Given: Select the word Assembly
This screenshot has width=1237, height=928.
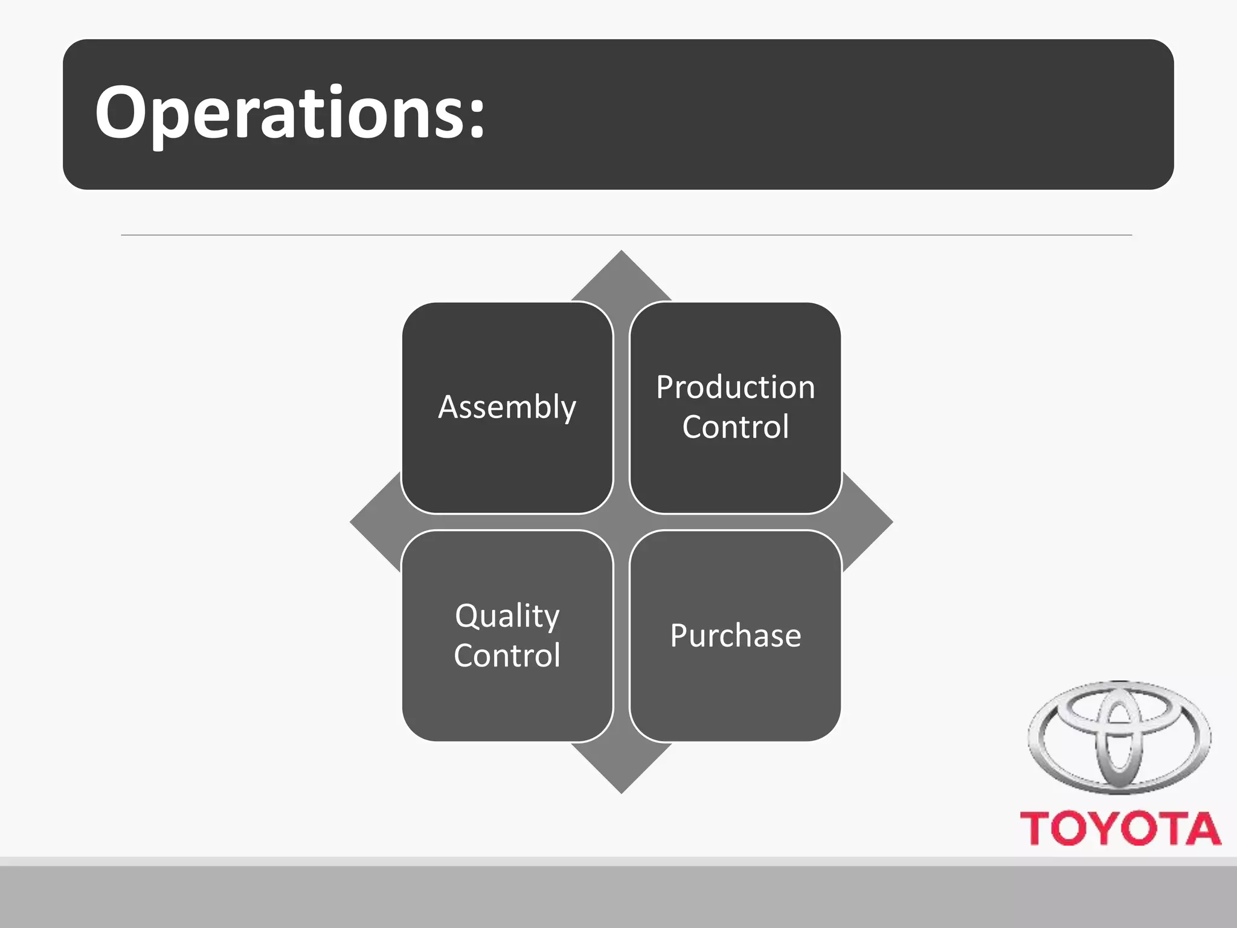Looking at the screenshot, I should point(507,407).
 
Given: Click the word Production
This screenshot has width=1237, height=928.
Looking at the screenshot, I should point(735,387).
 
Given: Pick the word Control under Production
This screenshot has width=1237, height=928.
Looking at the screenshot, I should point(735,427).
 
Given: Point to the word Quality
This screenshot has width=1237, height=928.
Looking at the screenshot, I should point(507,616).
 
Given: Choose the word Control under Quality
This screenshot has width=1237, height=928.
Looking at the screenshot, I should point(507,656).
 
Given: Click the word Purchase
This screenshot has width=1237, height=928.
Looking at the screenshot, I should point(735,636).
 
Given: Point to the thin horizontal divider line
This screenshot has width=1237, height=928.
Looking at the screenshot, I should point(626,235).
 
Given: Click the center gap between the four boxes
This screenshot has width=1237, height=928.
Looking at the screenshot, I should point(622,522).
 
